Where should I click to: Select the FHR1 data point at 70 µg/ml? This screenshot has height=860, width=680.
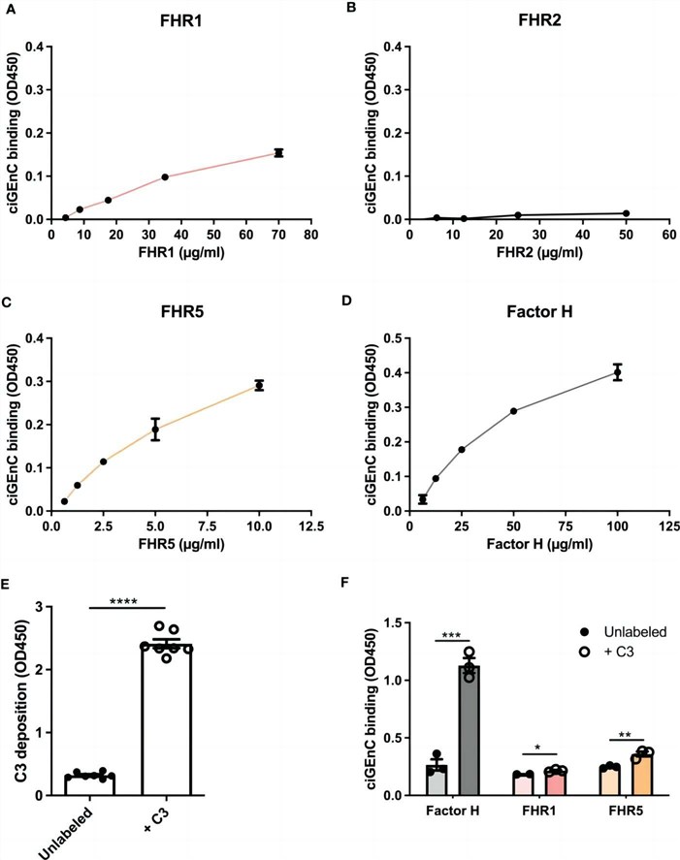pyautogui.click(x=278, y=152)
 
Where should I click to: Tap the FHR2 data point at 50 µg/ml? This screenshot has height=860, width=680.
pyautogui.click(x=626, y=213)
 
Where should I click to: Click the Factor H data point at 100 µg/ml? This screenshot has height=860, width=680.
pyautogui.click(x=616, y=372)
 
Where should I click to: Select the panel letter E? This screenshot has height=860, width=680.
pyautogui.click(x=9, y=585)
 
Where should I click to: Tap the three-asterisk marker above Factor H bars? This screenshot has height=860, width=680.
pyautogui.click(x=452, y=633)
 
